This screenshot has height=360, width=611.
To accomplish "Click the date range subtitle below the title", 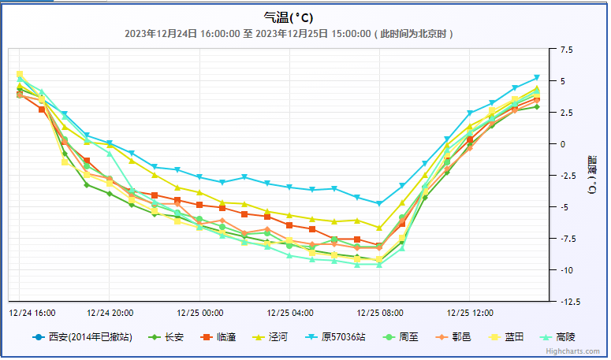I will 289,34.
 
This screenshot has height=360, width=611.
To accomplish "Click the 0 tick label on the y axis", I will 563,144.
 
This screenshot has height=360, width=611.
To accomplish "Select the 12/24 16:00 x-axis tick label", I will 32,312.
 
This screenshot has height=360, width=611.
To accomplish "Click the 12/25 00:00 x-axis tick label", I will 200,312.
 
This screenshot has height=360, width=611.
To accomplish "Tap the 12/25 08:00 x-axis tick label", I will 380,312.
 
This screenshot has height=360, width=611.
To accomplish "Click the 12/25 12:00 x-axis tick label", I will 470,312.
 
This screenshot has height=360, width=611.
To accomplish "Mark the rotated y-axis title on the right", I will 591,176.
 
